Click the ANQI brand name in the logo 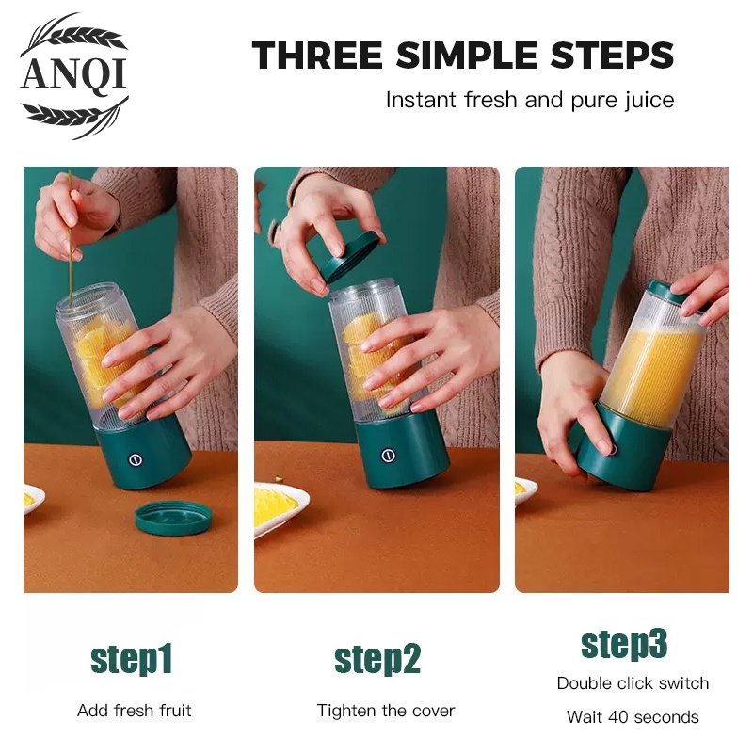tap(74, 74)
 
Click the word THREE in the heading tap(317, 56)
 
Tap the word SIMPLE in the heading tap(466, 56)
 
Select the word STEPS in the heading tap(612, 56)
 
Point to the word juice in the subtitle tap(649, 101)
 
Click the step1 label tap(132, 660)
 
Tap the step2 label tap(377, 660)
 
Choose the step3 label tap(624, 644)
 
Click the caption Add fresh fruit tap(135, 711)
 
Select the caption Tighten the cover tap(386, 711)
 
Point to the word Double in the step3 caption tap(584, 683)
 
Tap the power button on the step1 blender tap(136, 459)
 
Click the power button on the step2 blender tap(389, 456)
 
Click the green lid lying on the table tap(173, 518)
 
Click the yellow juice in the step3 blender tap(651, 371)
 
